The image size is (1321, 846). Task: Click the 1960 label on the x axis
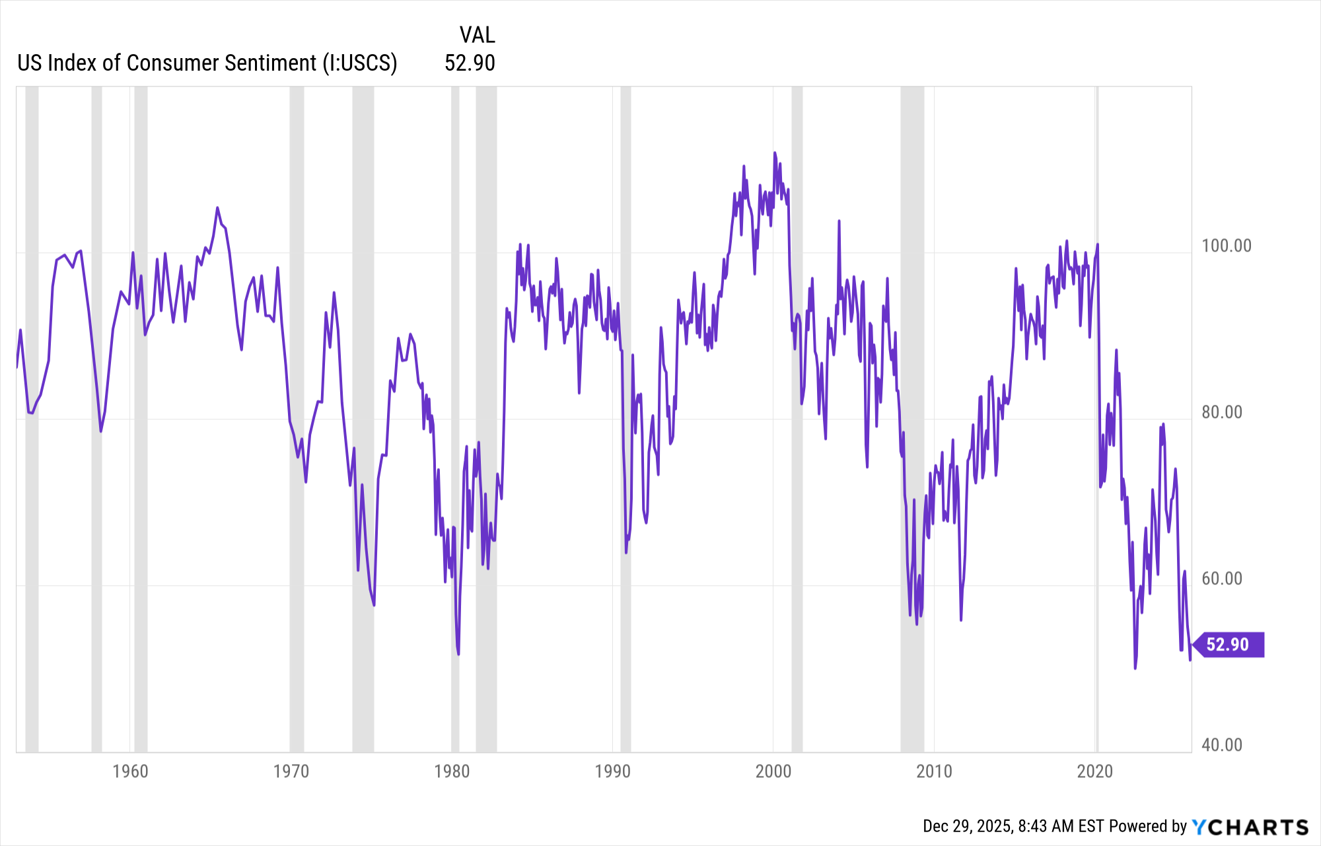click(130, 771)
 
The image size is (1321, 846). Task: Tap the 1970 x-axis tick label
click(291, 771)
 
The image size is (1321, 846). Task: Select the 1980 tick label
click(452, 771)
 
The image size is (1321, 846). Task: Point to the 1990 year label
click(613, 771)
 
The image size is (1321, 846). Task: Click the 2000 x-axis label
click(773, 771)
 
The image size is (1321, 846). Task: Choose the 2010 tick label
click(934, 771)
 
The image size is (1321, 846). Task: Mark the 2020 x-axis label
click(1095, 771)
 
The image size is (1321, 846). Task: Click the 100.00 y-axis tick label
click(1227, 246)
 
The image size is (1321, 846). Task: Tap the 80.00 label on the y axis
click(1222, 412)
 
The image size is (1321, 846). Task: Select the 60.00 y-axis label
click(1222, 579)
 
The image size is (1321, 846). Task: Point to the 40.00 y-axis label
click(1222, 745)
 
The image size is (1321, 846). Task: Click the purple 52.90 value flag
click(1229, 645)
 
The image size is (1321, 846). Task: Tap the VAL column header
click(477, 35)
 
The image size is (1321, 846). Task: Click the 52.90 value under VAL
click(470, 63)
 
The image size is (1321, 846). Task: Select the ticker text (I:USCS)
click(360, 63)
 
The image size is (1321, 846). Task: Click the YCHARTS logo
click(1250, 827)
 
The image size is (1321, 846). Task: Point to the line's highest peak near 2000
click(775, 153)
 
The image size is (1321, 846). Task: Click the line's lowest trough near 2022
click(1135, 668)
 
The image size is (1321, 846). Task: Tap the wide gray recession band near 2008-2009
click(912, 419)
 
